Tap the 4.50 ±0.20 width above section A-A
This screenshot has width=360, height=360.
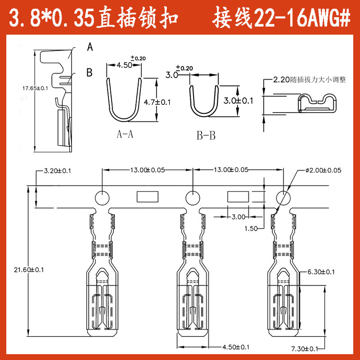click(x=125, y=65)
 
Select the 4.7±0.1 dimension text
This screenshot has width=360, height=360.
click(x=157, y=102)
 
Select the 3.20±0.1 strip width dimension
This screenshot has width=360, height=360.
click(x=58, y=171)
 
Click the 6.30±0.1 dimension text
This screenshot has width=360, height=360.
click(x=321, y=272)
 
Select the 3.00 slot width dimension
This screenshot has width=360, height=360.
click(x=238, y=217)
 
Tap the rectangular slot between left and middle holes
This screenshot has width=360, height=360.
click(x=147, y=197)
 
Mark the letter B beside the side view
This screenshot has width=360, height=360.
click(x=89, y=72)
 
